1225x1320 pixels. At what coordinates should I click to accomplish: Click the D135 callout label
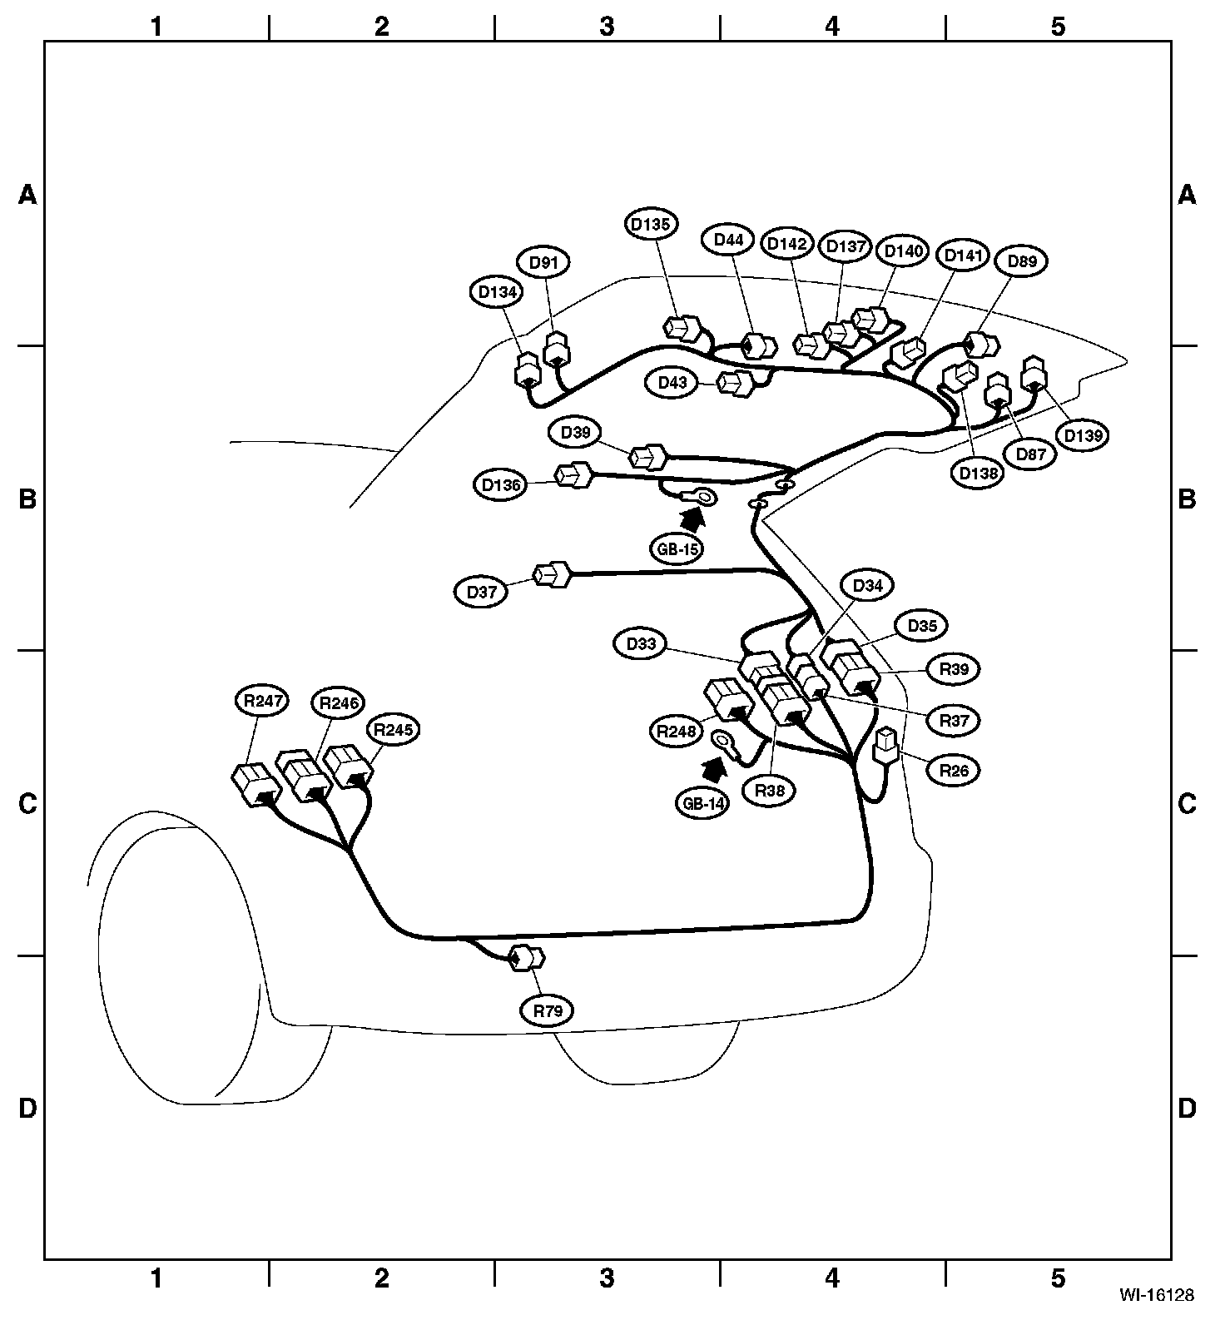point(652,224)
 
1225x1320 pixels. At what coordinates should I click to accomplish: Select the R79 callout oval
point(548,1011)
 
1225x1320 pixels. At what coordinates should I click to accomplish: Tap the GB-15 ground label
point(676,549)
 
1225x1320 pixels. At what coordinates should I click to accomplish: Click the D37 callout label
point(482,592)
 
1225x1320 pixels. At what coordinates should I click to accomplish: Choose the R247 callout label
point(260,702)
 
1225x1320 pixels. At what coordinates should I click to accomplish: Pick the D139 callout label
point(1082,435)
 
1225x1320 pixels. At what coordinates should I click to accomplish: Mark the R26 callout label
point(954,770)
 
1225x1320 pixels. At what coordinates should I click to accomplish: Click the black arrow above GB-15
point(691,519)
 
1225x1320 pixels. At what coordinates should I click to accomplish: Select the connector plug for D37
point(552,575)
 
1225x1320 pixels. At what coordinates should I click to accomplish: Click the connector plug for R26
point(885,746)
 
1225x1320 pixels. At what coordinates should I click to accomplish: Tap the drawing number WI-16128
point(1156,1295)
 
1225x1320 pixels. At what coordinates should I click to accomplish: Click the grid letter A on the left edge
point(28,195)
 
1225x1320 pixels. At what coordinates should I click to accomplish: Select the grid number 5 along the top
point(1058,27)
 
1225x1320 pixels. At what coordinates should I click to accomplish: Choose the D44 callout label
point(729,241)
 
